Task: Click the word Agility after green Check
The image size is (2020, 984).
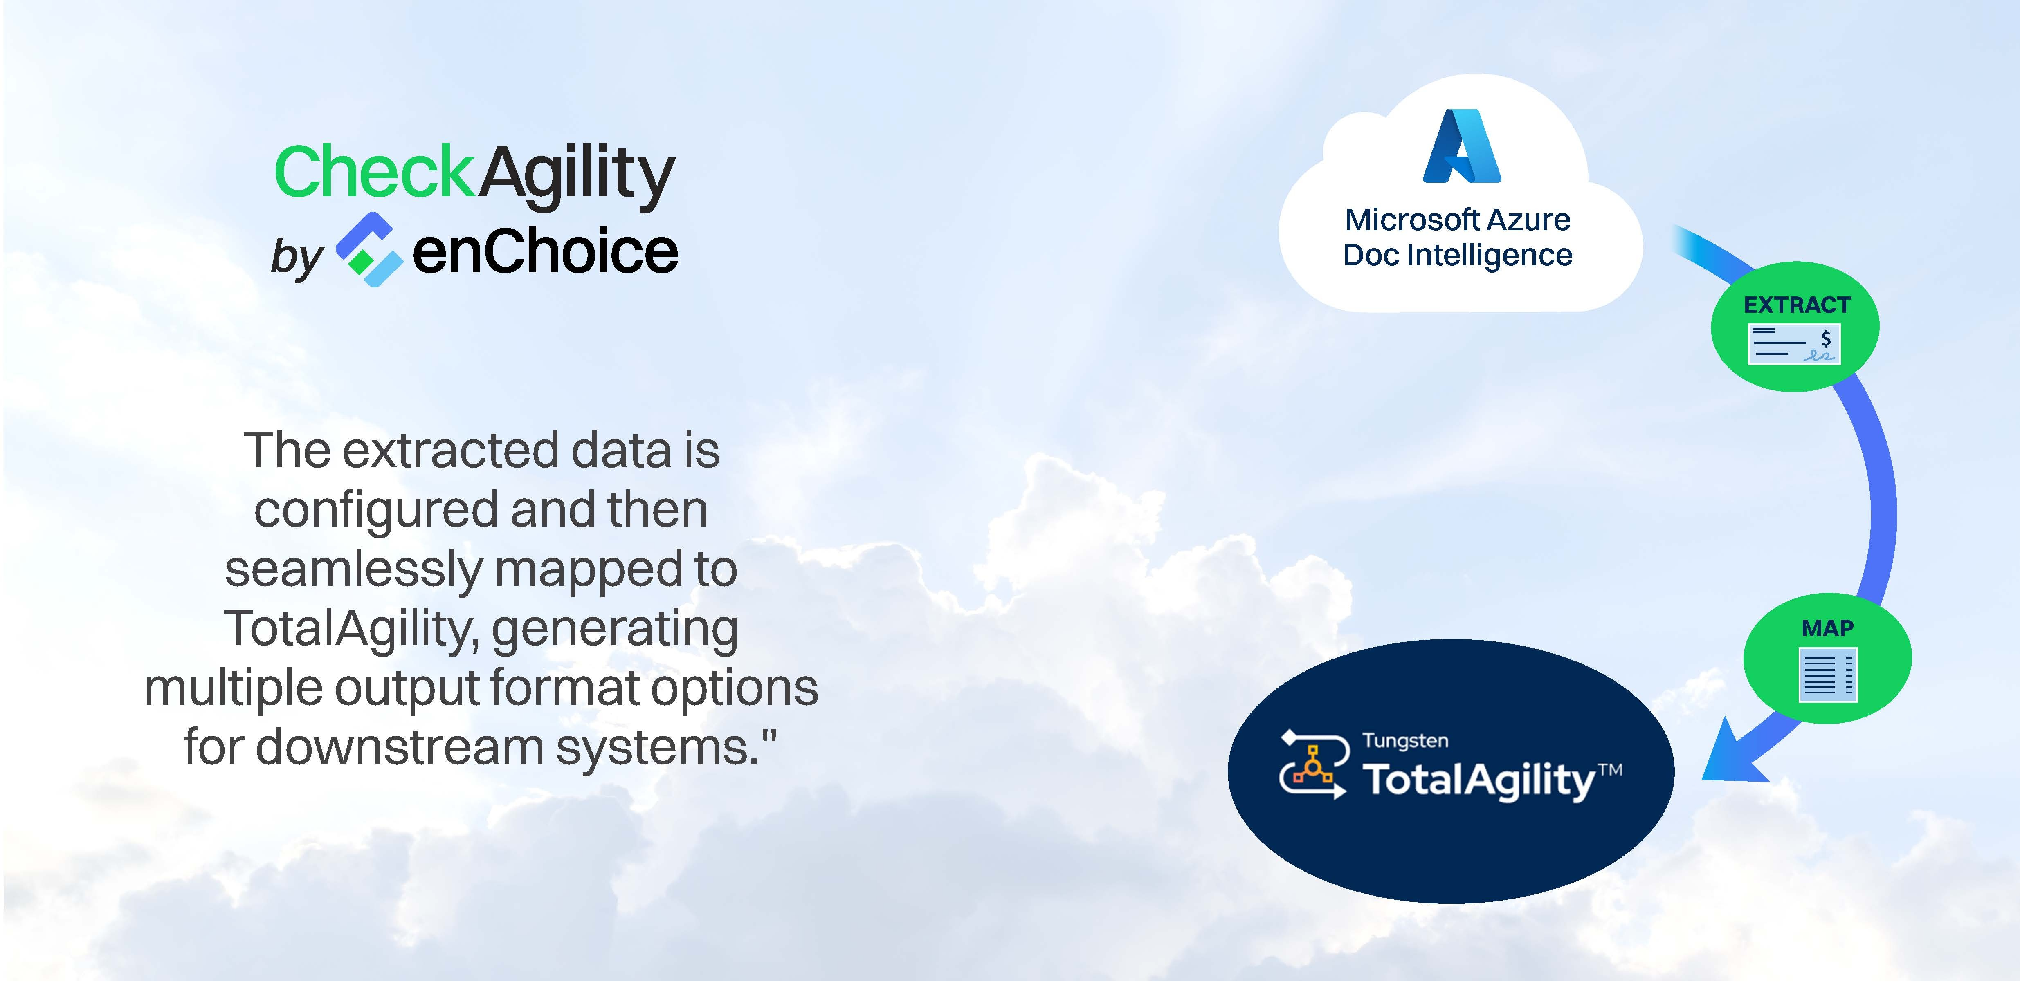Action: click(x=576, y=177)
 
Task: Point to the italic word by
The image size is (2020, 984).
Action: click(x=297, y=258)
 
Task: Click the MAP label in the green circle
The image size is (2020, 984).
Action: click(x=1827, y=628)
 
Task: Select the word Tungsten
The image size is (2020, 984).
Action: click(x=1405, y=740)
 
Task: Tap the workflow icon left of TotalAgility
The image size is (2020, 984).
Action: click(x=1314, y=764)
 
